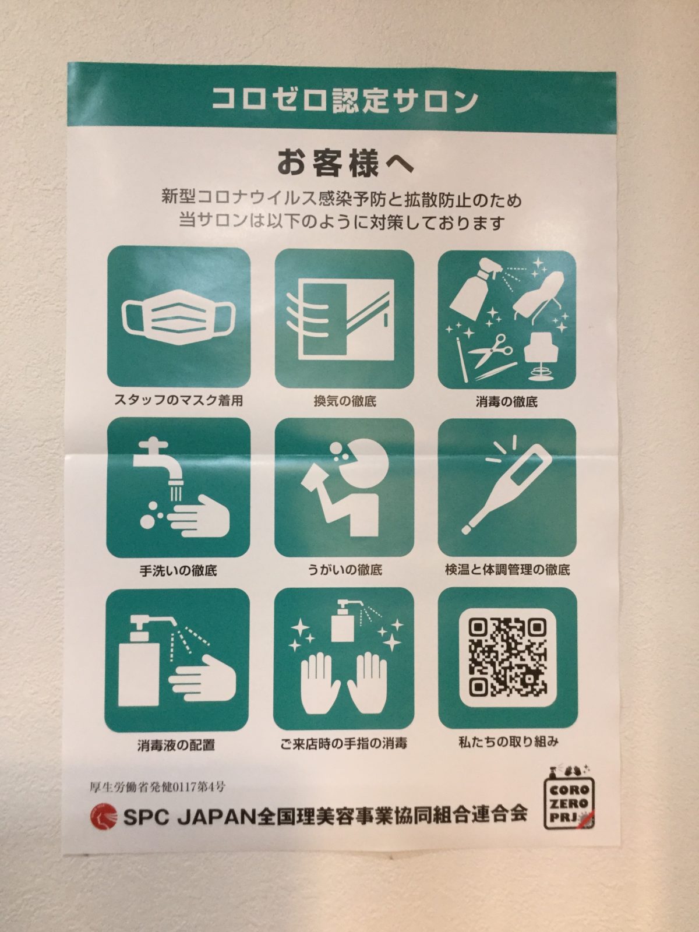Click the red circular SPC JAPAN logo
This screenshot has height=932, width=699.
point(103,828)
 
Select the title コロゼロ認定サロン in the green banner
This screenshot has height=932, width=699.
point(345,101)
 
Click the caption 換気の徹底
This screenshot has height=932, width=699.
point(345,401)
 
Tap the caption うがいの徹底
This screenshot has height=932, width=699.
point(345,569)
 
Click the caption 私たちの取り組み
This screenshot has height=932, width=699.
point(508,742)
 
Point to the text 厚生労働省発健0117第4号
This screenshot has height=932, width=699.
point(157,787)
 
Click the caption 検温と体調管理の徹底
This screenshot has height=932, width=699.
point(507,569)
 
